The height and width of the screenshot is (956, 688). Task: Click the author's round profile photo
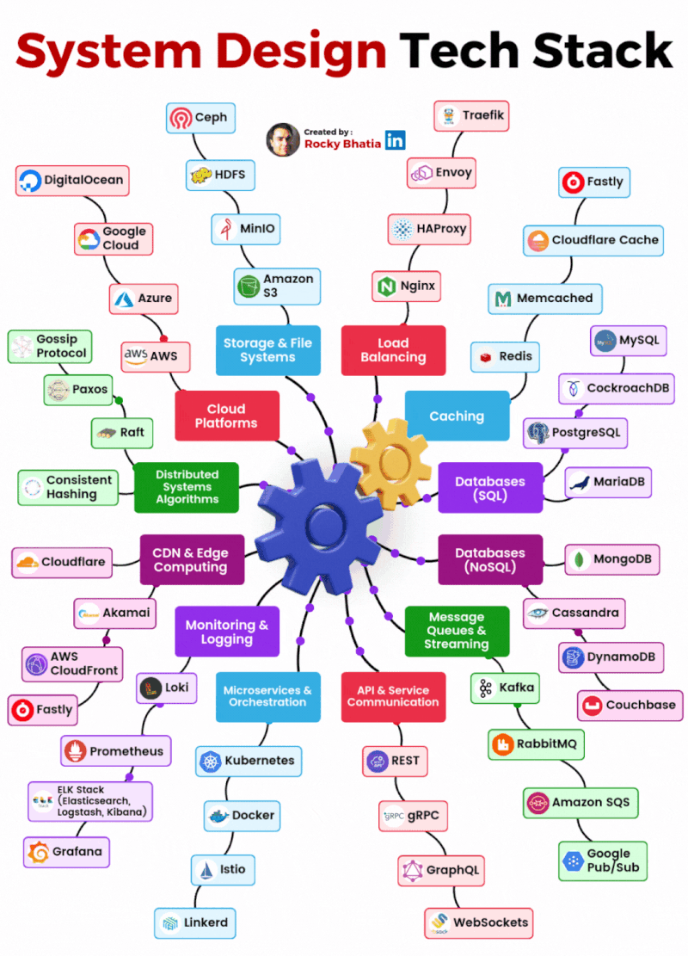(283, 139)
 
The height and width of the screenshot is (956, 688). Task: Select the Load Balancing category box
(393, 349)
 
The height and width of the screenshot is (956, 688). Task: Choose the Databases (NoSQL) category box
(489, 559)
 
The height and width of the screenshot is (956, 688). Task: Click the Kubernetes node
(249, 761)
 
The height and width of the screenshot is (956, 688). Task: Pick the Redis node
(506, 356)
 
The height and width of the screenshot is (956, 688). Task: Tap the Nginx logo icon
(384, 285)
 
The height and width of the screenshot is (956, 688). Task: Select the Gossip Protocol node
(50, 346)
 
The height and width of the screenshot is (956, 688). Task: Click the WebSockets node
(478, 922)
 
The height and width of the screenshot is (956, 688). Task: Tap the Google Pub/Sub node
(602, 860)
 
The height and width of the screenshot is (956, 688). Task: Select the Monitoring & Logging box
(227, 632)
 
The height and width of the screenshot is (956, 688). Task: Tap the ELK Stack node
(89, 801)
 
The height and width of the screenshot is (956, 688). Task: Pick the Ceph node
(200, 118)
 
